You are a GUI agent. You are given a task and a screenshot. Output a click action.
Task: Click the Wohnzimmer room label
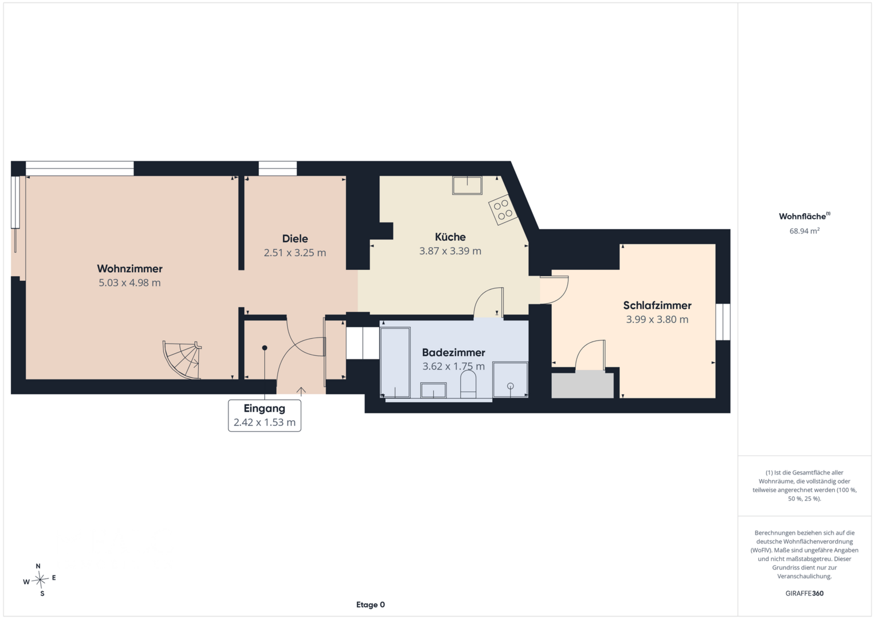coord(130,268)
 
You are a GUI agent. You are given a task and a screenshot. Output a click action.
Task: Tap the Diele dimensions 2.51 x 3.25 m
coord(295,252)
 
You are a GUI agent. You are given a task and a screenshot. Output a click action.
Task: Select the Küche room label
coord(450,237)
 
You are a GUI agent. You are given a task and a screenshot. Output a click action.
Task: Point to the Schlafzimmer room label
coord(657,305)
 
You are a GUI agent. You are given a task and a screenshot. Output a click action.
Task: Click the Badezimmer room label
coord(453,352)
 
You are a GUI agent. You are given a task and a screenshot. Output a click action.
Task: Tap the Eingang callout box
coord(265,416)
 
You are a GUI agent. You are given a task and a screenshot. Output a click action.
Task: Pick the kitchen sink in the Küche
coord(467,185)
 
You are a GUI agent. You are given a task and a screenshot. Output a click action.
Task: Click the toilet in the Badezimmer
coord(468,384)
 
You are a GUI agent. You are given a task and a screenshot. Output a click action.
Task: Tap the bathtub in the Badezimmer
coord(395,362)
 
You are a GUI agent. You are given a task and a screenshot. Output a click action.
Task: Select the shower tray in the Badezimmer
coord(510,380)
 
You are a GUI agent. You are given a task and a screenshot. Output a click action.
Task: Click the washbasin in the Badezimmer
coord(433,390)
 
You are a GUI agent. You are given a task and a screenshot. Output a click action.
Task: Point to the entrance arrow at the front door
coord(301,391)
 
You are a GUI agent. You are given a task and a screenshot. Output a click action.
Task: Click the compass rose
coord(40,579)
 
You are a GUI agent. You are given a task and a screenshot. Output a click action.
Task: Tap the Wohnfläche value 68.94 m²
coord(805,231)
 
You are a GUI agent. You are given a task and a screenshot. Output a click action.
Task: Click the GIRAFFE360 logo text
coord(805,593)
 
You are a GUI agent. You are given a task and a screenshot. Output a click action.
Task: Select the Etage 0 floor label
coord(370,605)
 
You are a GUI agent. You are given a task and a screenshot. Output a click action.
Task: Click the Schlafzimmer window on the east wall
coord(723,322)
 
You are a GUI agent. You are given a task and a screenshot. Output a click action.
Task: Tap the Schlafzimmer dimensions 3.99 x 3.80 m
coord(657,319)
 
